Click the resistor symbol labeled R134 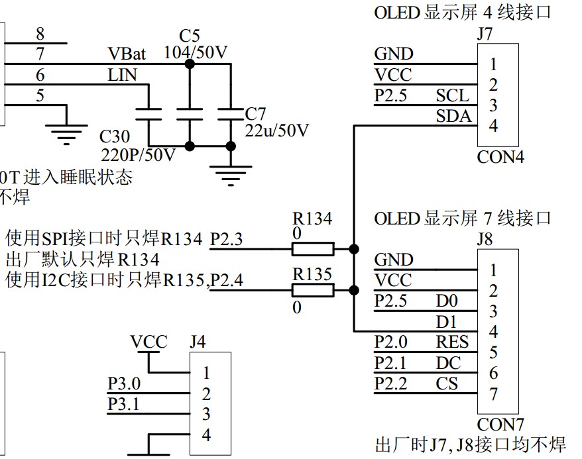(313, 248)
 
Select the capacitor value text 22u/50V (277, 130)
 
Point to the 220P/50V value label (138, 155)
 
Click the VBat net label (127, 53)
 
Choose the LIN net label (122, 75)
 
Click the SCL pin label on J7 (452, 95)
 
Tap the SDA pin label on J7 (453, 117)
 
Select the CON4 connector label (500, 158)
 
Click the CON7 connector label (500, 424)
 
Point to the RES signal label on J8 (452, 342)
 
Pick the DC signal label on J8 (448, 363)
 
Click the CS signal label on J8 (447, 383)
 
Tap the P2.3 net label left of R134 (226, 240)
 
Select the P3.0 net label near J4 (124, 383)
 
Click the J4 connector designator (198, 342)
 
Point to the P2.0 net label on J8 (391, 342)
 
